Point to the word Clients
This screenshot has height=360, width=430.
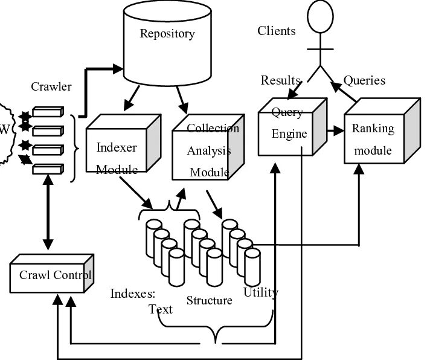pyautogui.click(x=277, y=31)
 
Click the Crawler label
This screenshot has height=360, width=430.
pyautogui.click(x=51, y=86)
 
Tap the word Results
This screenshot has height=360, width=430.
pyautogui.click(x=280, y=80)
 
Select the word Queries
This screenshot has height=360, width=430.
pyautogui.click(x=364, y=80)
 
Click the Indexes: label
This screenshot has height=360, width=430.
pyautogui.click(x=133, y=294)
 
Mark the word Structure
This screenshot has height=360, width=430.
pyautogui.click(x=209, y=300)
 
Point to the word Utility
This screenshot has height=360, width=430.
pyautogui.click(x=260, y=293)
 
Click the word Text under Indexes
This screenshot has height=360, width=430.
pyautogui.click(x=161, y=310)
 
